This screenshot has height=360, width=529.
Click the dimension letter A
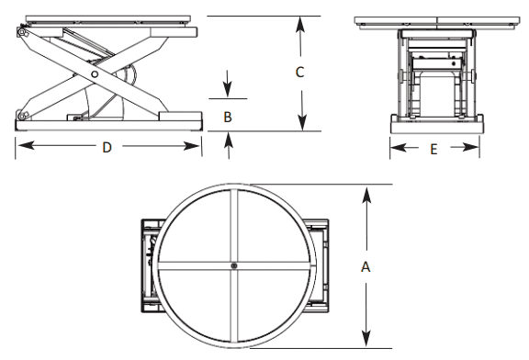pos(366,267)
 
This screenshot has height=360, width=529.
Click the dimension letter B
pos(229,117)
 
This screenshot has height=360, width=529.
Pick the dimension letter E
pos(434,150)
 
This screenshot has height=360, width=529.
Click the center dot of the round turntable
pos(235,266)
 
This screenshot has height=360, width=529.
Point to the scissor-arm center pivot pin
pos(95,75)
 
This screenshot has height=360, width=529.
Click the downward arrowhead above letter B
pos(229,95)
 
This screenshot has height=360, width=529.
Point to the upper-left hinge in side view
pos(20,34)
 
